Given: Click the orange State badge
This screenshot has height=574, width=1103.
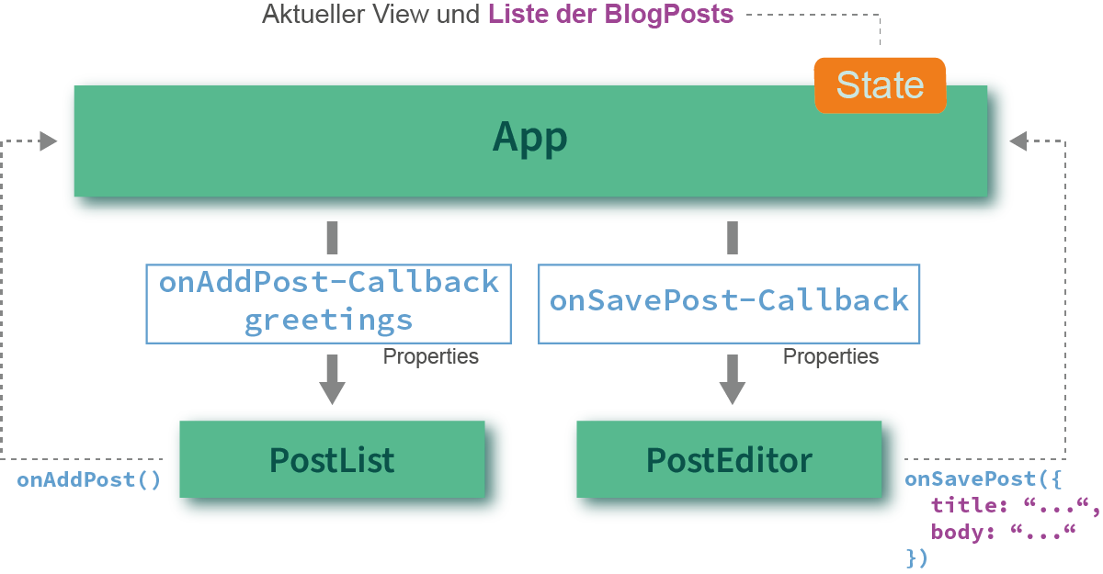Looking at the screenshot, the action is click(880, 85).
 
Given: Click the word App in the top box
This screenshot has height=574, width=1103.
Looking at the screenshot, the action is click(529, 138).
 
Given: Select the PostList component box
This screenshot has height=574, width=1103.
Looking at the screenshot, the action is click(332, 459).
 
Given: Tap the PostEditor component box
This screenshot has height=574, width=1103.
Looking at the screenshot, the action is click(729, 459).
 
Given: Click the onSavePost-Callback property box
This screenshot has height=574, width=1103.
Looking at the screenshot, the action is click(729, 304).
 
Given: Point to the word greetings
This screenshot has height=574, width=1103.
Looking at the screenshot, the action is click(328, 321).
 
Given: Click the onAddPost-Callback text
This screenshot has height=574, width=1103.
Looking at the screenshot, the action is click(329, 282).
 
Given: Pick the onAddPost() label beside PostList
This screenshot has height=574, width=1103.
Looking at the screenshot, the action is click(88, 480).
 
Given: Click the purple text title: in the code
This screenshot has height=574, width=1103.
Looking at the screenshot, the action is click(969, 506).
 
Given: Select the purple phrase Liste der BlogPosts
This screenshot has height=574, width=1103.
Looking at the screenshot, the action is click(610, 15).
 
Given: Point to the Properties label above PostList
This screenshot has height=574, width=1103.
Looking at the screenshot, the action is click(430, 356).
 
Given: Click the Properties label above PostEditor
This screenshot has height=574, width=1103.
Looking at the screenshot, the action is click(831, 356).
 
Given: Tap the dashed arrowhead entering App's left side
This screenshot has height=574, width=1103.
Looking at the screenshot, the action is click(48, 141).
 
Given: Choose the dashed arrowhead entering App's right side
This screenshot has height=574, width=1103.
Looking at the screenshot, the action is click(1018, 141).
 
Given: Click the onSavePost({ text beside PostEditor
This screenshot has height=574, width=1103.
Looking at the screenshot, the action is click(983, 479).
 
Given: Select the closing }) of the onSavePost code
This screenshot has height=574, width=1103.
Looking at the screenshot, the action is click(917, 558).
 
